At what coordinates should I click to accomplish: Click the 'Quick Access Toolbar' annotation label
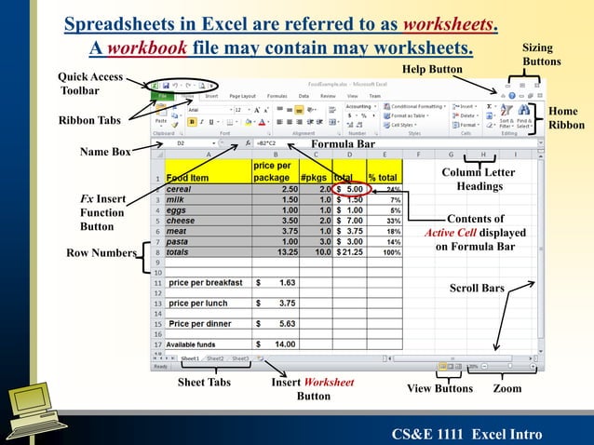point(90,84)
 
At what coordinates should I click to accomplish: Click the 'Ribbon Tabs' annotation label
point(89,120)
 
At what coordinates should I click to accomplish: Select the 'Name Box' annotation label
point(104,152)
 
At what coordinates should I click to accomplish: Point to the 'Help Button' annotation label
point(432,70)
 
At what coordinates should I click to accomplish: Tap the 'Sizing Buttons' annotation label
point(541,54)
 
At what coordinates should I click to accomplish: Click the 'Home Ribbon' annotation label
point(566,118)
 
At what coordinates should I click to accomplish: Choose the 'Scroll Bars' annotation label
point(477,289)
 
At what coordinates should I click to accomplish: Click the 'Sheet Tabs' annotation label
point(204,383)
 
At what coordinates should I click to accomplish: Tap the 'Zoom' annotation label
point(507,387)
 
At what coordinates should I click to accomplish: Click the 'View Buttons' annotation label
point(441,388)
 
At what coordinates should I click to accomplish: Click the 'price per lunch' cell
point(206,303)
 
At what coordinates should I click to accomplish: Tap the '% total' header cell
point(383,177)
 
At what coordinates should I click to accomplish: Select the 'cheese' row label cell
point(206,221)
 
